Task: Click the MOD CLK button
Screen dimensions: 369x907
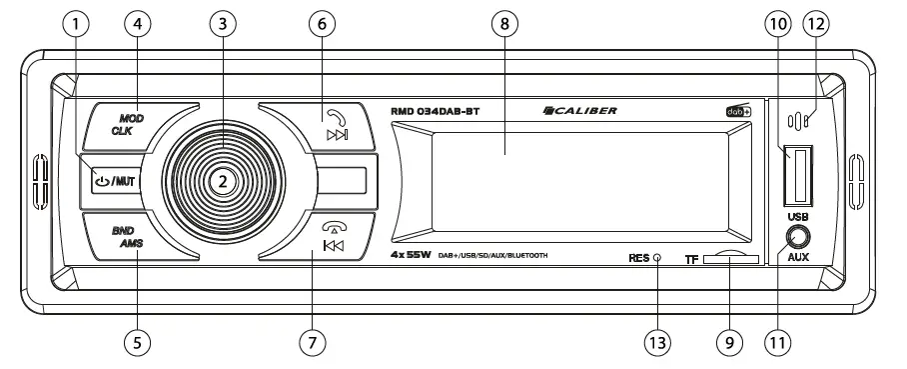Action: (x=128, y=124)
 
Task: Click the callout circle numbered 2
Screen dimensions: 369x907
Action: (x=224, y=181)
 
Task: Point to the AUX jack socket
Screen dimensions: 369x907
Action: (x=797, y=236)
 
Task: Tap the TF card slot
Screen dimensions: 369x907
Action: (x=730, y=259)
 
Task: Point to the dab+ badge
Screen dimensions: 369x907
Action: (x=737, y=112)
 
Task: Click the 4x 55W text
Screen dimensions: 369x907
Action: (x=412, y=257)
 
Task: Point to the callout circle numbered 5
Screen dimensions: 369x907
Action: (x=140, y=341)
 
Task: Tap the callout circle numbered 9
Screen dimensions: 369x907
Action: (x=730, y=341)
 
